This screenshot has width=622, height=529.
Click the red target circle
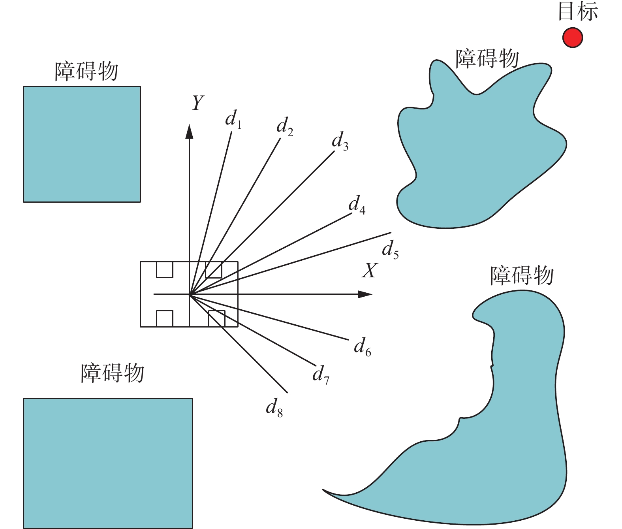(572, 38)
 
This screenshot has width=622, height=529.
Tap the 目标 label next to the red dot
(578, 11)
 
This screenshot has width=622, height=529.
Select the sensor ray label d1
(233, 119)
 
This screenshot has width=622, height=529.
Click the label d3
(340, 141)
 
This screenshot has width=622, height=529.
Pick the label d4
(357, 205)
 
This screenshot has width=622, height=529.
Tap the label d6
(362, 347)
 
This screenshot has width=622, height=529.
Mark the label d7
(321, 375)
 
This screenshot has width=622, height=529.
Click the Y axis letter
(197, 103)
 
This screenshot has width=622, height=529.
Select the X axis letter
(370, 271)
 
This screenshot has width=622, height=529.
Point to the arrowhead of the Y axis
(189, 132)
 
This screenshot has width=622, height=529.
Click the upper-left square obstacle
(82, 144)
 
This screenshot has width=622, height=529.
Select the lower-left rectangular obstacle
(108, 463)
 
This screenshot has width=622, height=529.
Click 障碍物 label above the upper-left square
(86, 72)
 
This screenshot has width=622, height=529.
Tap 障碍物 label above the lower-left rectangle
(113, 373)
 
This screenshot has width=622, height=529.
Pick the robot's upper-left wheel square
(165, 269)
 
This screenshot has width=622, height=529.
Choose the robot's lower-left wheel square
(165, 318)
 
